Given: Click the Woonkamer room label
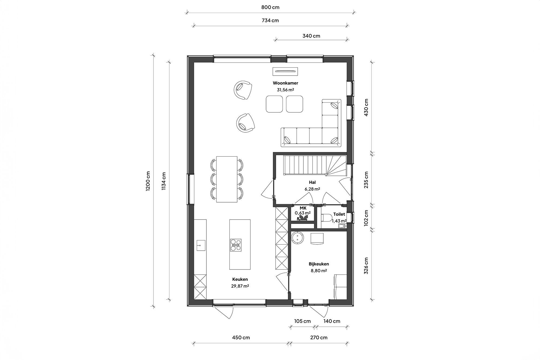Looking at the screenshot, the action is coord(285,83).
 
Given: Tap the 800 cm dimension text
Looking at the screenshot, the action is coord(270,7).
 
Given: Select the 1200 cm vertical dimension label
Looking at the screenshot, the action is coord(148,181).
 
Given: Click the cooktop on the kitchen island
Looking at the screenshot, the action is coord(236,245).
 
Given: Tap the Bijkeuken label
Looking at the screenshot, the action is coord(319,264).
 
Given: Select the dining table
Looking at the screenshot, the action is coord(227,179).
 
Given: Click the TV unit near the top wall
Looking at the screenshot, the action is coord(285,72).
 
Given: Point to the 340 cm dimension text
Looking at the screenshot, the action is coord(311,36).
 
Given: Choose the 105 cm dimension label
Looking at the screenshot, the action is coord(302,321).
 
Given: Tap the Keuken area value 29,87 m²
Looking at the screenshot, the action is coord(240,286).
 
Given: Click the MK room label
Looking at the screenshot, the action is coord(303,208).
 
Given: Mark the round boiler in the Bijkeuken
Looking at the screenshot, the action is coord(297,238).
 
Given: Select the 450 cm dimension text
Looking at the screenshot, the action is coord(241,337).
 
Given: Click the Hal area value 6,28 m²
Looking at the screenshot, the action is coord(312,189).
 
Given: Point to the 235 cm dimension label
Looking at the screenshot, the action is coord(366,180).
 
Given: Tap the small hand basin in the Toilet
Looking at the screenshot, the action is coord(342,226).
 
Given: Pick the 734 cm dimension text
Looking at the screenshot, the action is coord(270,21).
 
